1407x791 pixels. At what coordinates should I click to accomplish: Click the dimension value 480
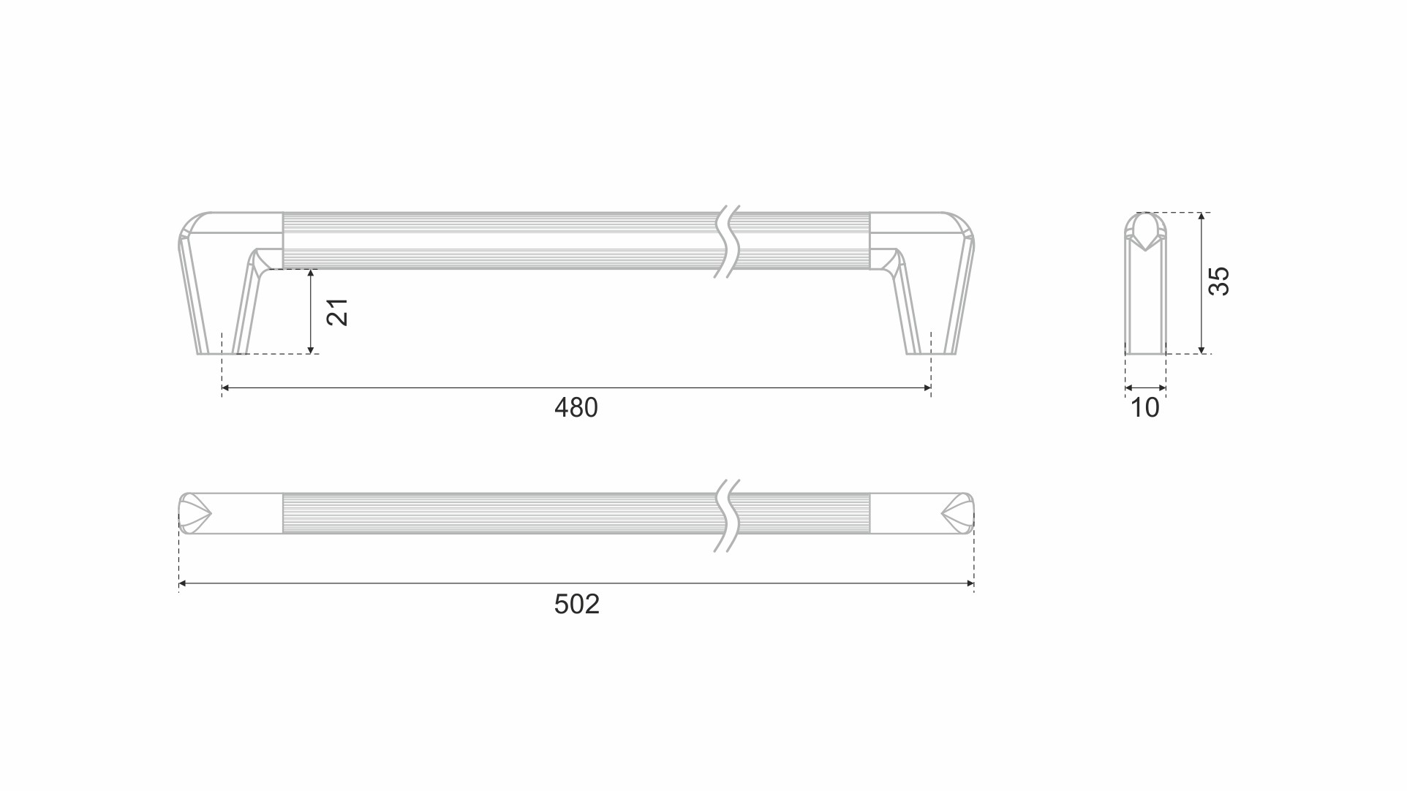point(576,407)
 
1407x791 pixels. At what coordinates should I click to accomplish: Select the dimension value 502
point(576,604)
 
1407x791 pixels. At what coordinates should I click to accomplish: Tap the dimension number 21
point(337,312)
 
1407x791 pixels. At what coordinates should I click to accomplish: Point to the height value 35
point(1218,281)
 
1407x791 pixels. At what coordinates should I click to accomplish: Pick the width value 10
point(1144,408)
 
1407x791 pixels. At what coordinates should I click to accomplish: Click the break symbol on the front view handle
point(727,241)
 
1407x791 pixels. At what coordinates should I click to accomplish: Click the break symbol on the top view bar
point(727,515)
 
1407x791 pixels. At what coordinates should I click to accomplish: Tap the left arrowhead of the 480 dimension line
point(226,388)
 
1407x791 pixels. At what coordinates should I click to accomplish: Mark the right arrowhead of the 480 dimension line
point(927,388)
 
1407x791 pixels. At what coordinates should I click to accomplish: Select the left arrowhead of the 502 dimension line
point(183,583)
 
